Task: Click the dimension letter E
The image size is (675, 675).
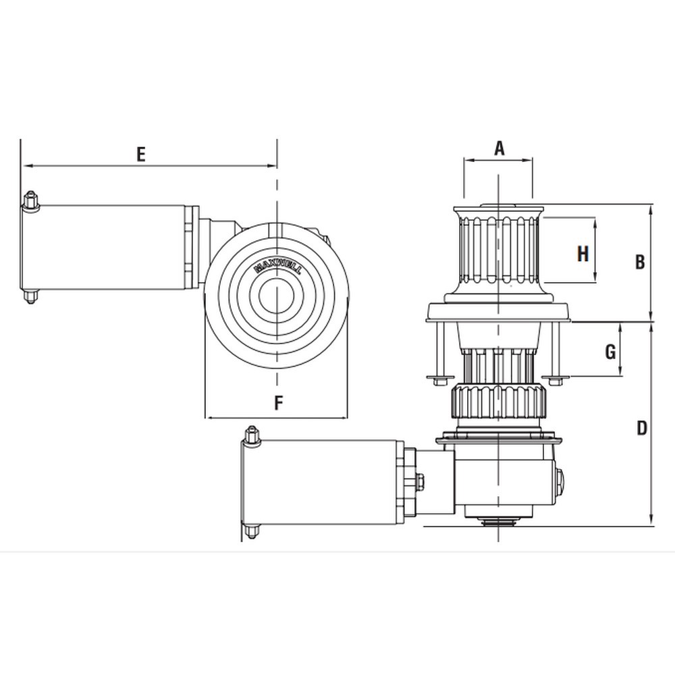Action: [x=140, y=154]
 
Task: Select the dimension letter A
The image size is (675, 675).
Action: [x=499, y=148]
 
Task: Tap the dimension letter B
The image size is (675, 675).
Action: [x=640, y=262]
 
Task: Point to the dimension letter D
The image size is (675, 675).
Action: [x=641, y=428]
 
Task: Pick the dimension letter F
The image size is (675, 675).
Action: [x=277, y=404]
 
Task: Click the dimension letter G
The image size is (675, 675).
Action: [x=610, y=351]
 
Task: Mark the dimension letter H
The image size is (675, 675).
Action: [x=583, y=254]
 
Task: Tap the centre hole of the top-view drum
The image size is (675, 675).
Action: [x=277, y=297]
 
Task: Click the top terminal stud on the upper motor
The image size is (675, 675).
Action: [x=30, y=200]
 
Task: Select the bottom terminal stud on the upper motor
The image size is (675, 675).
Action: [x=30, y=296]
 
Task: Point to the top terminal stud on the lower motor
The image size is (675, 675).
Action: [x=252, y=435]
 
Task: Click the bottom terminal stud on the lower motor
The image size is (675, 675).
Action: [x=252, y=531]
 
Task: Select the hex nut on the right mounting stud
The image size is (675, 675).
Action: [x=555, y=380]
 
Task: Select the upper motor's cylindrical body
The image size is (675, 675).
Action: [x=108, y=247]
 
